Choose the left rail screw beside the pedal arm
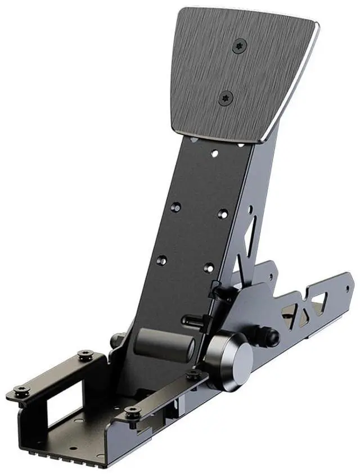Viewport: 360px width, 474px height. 85,354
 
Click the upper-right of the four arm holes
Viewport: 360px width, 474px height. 223,214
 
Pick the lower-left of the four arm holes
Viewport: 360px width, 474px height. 161,260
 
